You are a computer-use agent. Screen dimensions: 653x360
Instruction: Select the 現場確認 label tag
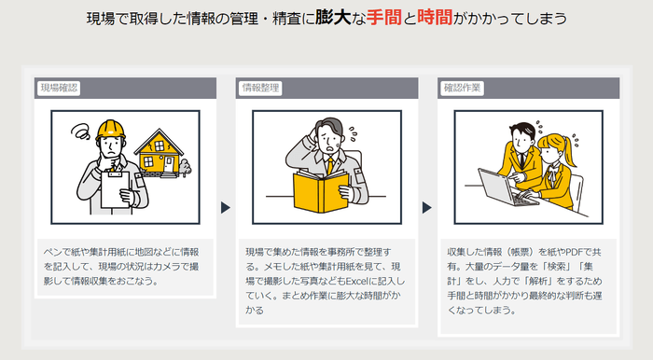[59, 88]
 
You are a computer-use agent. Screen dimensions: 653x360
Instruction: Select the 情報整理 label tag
[261, 88]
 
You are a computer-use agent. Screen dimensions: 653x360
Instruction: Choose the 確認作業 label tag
[464, 88]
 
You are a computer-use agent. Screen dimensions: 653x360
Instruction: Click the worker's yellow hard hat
[112, 128]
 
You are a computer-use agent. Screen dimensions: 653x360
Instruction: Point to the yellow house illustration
[160, 151]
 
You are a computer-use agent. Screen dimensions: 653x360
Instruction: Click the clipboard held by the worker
[117, 190]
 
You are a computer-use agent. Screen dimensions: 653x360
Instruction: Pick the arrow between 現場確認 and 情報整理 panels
[226, 207]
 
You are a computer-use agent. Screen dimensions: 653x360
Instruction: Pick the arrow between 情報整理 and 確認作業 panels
[428, 207]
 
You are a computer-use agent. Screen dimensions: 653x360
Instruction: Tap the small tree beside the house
[184, 167]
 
